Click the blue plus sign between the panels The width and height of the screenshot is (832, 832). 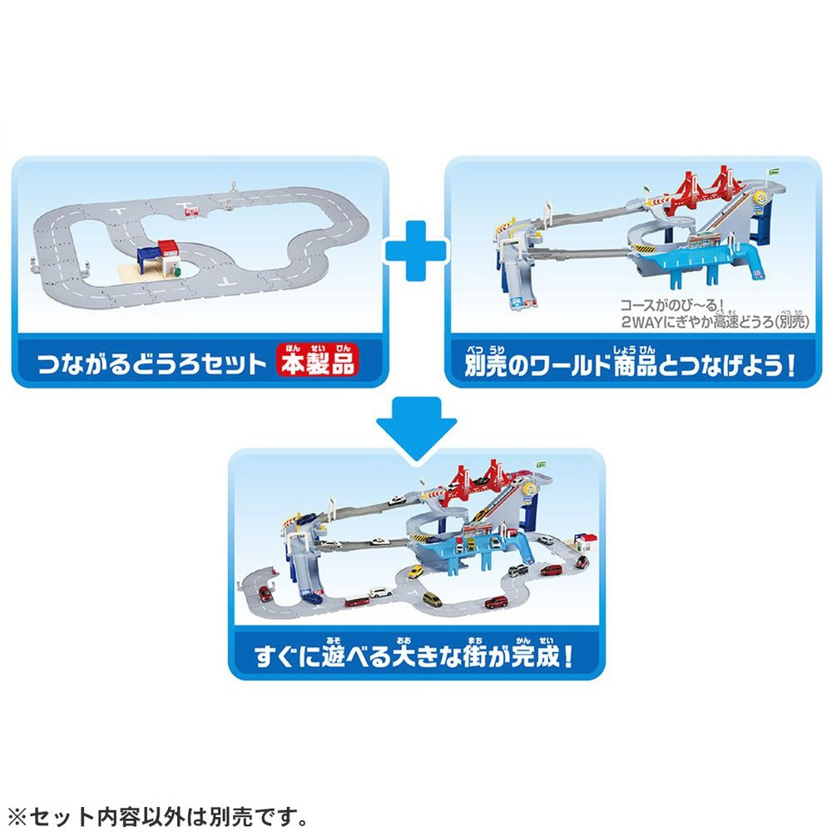click(416, 250)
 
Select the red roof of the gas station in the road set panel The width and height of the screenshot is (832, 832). click(169, 246)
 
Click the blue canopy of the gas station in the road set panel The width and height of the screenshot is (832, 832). click(149, 255)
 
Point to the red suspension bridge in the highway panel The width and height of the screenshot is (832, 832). click(706, 192)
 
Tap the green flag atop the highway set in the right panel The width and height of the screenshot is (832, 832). click(774, 171)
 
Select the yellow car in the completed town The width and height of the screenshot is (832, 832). click(415, 572)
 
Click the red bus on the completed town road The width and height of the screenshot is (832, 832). click(357, 602)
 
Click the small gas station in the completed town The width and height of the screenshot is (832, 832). click(587, 542)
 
